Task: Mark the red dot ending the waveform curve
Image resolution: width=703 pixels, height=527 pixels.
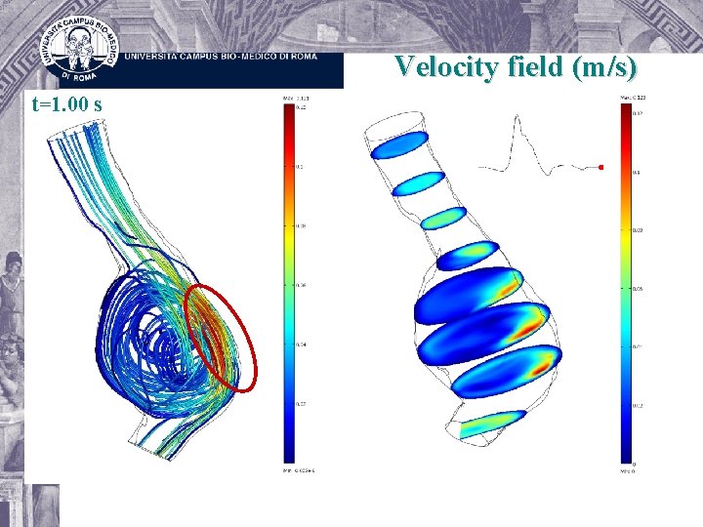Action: (x=600, y=167)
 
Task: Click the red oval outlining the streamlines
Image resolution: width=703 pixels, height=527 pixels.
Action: (x=222, y=337)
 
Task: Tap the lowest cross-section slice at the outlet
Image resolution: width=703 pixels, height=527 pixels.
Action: (x=491, y=424)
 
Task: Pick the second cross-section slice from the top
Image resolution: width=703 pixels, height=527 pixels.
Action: (x=418, y=182)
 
